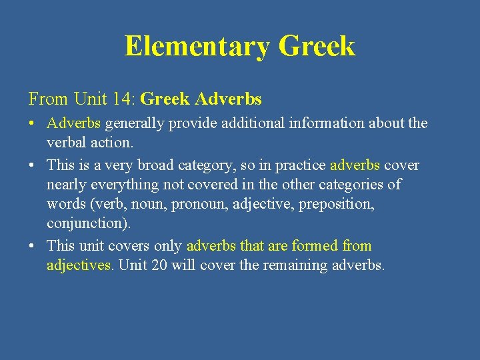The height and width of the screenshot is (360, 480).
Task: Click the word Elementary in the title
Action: (197, 47)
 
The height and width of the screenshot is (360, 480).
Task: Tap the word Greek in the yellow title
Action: (317, 47)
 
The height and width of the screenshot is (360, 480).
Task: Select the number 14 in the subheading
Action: (123, 99)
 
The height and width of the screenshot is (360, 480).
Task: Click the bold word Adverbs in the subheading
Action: (228, 99)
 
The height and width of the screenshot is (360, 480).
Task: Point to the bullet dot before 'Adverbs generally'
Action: (33, 124)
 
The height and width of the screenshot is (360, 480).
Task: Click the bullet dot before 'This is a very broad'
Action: (33, 165)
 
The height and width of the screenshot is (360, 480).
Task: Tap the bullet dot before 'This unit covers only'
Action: (33, 247)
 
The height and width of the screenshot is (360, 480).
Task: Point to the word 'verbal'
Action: (65, 143)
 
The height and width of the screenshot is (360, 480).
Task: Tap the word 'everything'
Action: (119, 184)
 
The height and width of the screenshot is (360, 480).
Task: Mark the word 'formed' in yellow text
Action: (315, 245)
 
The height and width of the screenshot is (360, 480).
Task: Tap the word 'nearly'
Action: (65, 184)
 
